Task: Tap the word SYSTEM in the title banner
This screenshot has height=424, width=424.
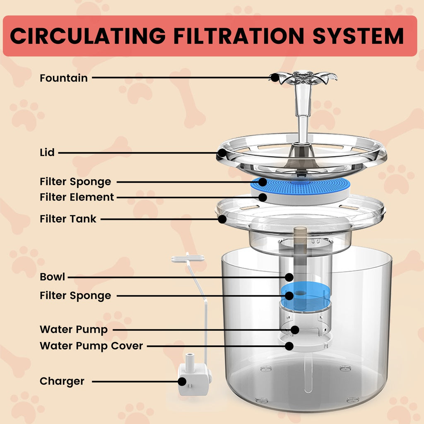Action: click(x=358, y=36)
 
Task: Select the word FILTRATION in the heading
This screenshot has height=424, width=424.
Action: click(x=238, y=36)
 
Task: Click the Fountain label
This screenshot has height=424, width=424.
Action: click(x=63, y=78)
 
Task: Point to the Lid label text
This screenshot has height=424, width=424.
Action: click(x=47, y=152)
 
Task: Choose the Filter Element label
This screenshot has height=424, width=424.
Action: click(x=77, y=198)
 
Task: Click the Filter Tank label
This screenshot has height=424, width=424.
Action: click(x=68, y=219)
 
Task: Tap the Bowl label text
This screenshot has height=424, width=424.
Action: click(x=52, y=277)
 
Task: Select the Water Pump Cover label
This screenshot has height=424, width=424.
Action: click(x=91, y=345)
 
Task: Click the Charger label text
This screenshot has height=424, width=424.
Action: click(x=62, y=381)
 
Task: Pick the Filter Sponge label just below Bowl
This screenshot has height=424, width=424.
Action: click(x=75, y=296)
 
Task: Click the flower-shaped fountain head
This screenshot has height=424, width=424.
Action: click(x=304, y=77)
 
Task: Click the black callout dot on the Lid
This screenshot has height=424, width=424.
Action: click(x=222, y=153)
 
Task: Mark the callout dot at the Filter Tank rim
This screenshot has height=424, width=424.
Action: click(x=222, y=219)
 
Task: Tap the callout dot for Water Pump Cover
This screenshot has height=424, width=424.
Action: click(x=289, y=345)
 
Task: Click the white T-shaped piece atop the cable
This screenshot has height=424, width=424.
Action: click(x=188, y=259)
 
